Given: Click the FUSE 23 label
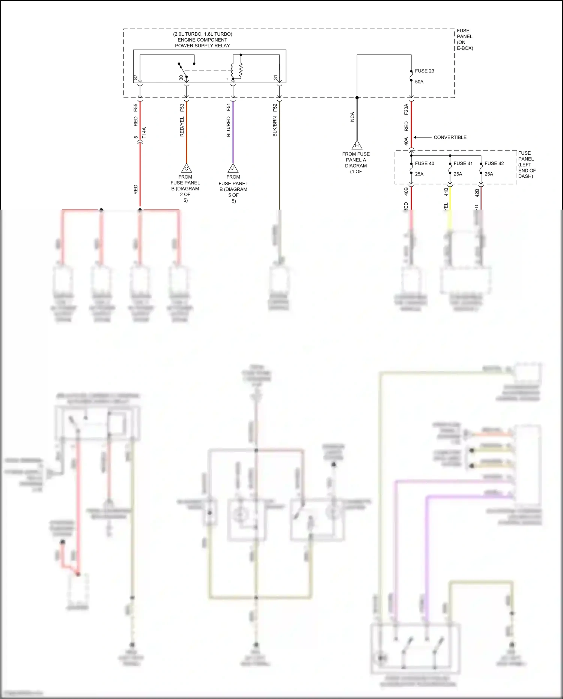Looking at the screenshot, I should click(x=424, y=71).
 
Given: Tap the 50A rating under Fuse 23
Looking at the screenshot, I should click(x=419, y=82).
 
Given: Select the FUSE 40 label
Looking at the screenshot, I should click(x=424, y=163).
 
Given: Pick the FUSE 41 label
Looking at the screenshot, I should click(x=463, y=163).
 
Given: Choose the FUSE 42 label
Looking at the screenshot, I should click(x=494, y=163).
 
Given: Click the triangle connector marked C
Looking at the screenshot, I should click(x=186, y=169).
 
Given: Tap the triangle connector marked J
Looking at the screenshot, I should click(x=233, y=169).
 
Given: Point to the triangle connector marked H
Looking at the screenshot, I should click(x=357, y=145).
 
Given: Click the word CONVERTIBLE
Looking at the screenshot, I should click(x=450, y=137).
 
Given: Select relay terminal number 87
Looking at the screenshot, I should click(x=136, y=78).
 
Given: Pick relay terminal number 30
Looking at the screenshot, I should click(x=181, y=78).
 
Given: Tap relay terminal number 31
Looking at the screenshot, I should click(x=275, y=78).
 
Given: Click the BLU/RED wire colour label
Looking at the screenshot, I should click(x=229, y=127).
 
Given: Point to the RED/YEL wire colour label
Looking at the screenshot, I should click(x=182, y=127).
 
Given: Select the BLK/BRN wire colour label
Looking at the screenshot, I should click(x=275, y=127).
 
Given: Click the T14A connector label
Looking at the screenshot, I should click(x=144, y=133).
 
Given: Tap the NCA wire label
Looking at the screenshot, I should click(x=352, y=117).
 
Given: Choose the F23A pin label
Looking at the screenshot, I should click(x=406, y=109).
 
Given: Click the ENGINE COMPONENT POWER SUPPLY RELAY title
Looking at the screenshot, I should click(x=202, y=40).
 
